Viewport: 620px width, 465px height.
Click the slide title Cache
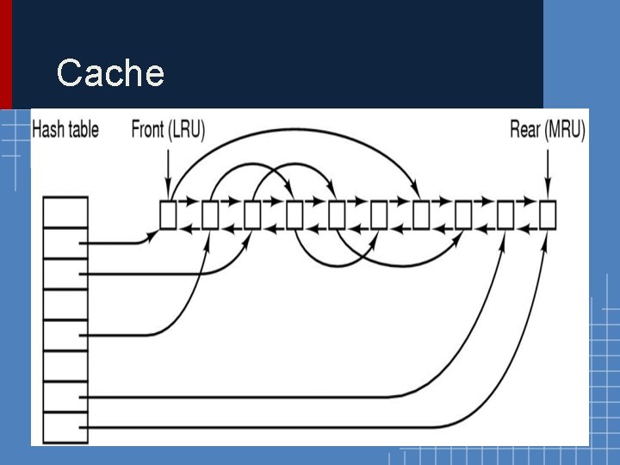coord(109,73)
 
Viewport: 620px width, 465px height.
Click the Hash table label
coord(65,130)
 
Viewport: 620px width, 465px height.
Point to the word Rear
coord(525,130)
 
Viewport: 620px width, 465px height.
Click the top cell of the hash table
coord(65,212)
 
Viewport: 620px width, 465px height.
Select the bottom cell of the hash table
coord(65,426)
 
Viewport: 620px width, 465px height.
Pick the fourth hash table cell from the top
coord(65,304)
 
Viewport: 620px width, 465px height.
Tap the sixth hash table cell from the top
coord(65,366)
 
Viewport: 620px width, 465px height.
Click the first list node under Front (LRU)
coord(168,214)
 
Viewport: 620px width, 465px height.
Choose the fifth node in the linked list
coord(337,214)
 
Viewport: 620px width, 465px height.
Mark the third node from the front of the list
coord(252,214)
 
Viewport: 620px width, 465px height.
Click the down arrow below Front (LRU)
coord(168,172)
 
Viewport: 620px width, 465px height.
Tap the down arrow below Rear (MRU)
coord(547,172)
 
